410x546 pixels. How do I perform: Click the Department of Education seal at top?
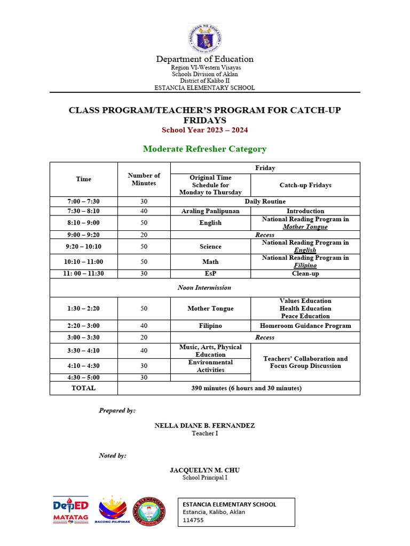pyautogui.click(x=204, y=38)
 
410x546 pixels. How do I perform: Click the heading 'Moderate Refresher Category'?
pyautogui.click(x=204, y=149)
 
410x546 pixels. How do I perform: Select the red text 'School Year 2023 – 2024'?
pyautogui.click(x=204, y=130)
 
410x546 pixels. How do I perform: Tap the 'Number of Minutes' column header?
pyautogui.click(x=144, y=179)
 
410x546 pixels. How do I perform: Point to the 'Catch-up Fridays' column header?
pyautogui.click(x=305, y=185)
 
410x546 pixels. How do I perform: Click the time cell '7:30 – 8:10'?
pyautogui.click(x=84, y=211)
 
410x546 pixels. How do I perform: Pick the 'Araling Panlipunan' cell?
pyautogui.click(x=210, y=211)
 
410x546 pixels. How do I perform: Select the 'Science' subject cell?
pyautogui.click(x=210, y=246)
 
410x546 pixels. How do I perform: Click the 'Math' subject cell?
pyautogui.click(x=210, y=262)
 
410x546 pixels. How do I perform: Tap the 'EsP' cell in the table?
pyautogui.click(x=210, y=274)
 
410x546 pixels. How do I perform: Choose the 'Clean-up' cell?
pyautogui.click(x=305, y=274)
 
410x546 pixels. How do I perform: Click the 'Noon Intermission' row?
pyautogui.click(x=204, y=287)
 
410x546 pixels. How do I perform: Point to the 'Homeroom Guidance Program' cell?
pyautogui.click(x=305, y=326)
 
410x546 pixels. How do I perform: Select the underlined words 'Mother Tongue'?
pyautogui.click(x=305, y=227)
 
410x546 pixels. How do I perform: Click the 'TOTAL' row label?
pyautogui.click(x=84, y=388)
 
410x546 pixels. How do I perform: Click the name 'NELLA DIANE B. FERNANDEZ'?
pyautogui.click(x=204, y=425)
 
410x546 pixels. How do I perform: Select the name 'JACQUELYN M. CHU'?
pyautogui.click(x=204, y=470)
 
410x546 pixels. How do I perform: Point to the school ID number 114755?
pyautogui.click(x=193, y=520)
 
